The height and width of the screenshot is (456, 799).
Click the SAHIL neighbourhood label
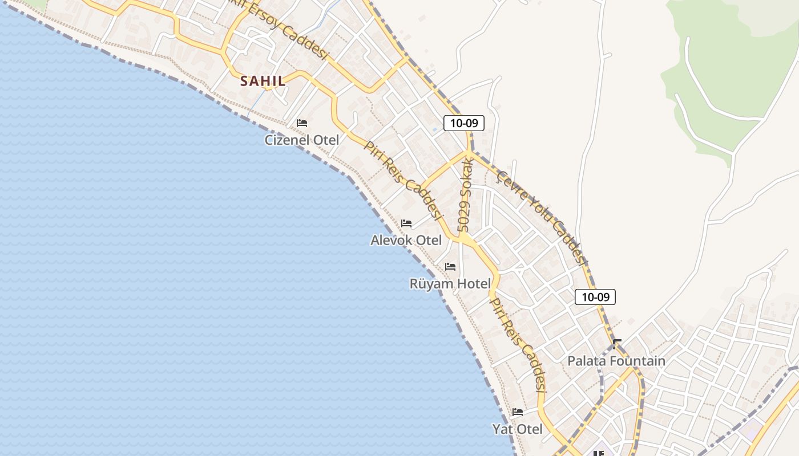click(263, 81)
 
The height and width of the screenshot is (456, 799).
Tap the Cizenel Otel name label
click(301, 140)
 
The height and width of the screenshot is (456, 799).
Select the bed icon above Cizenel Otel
click(302, 123)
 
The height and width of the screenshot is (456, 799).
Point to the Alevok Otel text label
click(406, 240)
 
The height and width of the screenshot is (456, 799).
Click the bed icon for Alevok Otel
click(406, 223)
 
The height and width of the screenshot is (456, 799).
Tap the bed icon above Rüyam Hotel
click(450, 266)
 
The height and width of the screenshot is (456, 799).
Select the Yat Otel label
click(517, 429)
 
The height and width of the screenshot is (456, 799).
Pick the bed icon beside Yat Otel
click(518, 412)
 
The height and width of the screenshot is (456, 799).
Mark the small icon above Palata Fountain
click(616, 344)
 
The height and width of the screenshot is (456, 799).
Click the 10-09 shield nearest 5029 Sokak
click(464, 123)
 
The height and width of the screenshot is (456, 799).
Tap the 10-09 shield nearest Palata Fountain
click(595, 296)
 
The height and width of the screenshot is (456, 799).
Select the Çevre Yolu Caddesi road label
click(542, 217)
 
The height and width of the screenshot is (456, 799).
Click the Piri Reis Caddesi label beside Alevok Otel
click(404, 181)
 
